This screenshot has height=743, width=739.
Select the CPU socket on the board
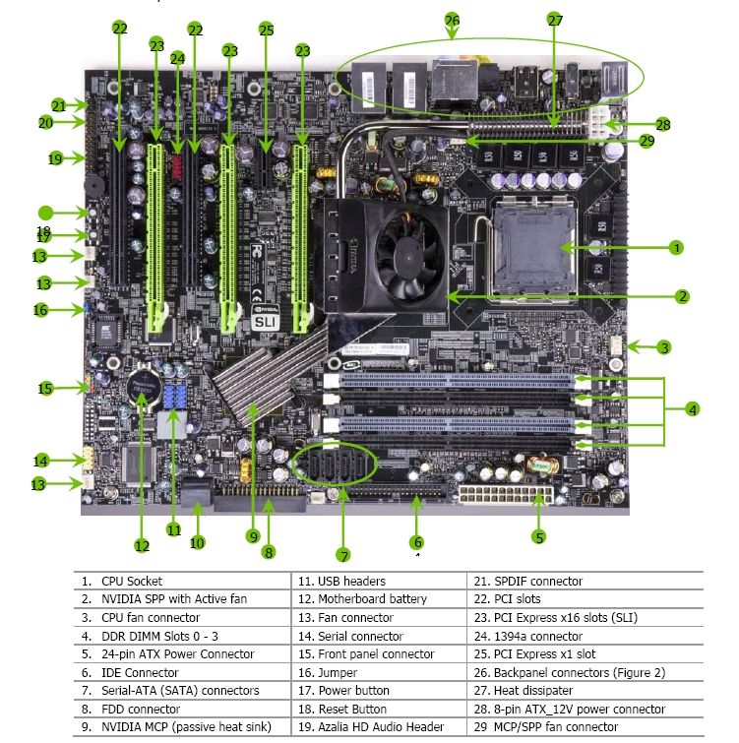pos(533,248)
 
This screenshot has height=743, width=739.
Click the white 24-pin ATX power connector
pos(506,495)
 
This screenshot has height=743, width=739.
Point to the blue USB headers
pos(175,398)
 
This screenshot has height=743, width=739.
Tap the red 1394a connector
pos(177,166)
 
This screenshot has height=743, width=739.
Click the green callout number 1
pos(676,247)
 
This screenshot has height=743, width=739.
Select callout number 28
pos(662,125)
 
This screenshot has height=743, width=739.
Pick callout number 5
pos(538,537)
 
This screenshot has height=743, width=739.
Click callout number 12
pos(142,546)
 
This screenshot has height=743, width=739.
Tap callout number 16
pos(40,310)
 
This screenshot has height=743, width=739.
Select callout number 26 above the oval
pos(452,20)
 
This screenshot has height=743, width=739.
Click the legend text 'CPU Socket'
pos(132,581)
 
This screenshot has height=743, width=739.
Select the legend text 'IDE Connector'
pos(140,672)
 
